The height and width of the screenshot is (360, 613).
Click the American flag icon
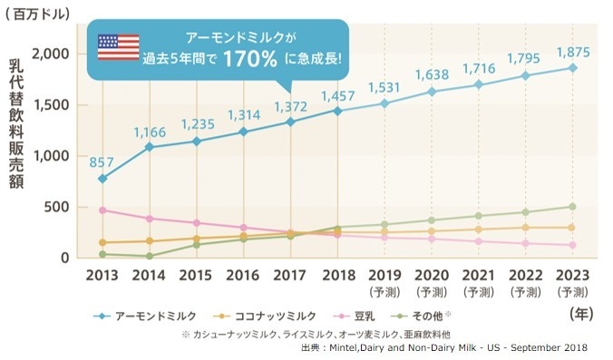pyautogui.click(x=118, y=46)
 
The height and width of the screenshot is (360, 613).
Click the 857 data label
pyautogui.click(x=101, y=162)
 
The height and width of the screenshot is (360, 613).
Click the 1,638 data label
pyautogui.click(x=433, y=75)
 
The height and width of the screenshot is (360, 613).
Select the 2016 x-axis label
pyautogui.click(x=243, y=277)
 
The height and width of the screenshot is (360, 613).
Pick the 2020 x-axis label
pyautogui.click(x=432, y=277)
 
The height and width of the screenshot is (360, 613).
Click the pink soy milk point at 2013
pyautogui.click(x=102, y=210)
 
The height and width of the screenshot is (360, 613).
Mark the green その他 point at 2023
pyautogui.click(x=573, y=207)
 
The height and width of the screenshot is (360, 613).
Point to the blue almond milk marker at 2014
pyautogui.click(x=149, y=147)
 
